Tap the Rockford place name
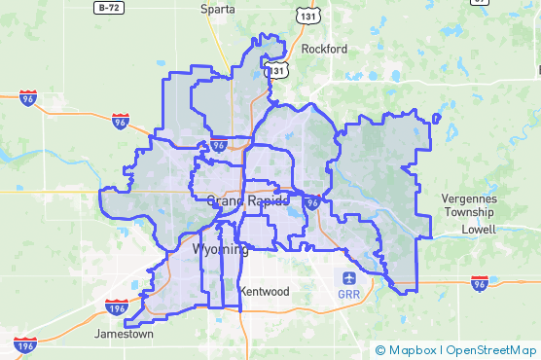pos(324,48)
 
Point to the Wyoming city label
pos(221,249)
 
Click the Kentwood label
pos(265,291)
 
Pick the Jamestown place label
pos(124,334)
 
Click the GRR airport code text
pos(348,294)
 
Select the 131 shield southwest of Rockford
pos(279,70)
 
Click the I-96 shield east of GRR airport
pos(479,283)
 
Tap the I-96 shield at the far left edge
pos(28,97)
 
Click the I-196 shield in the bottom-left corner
pos(26,343)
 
